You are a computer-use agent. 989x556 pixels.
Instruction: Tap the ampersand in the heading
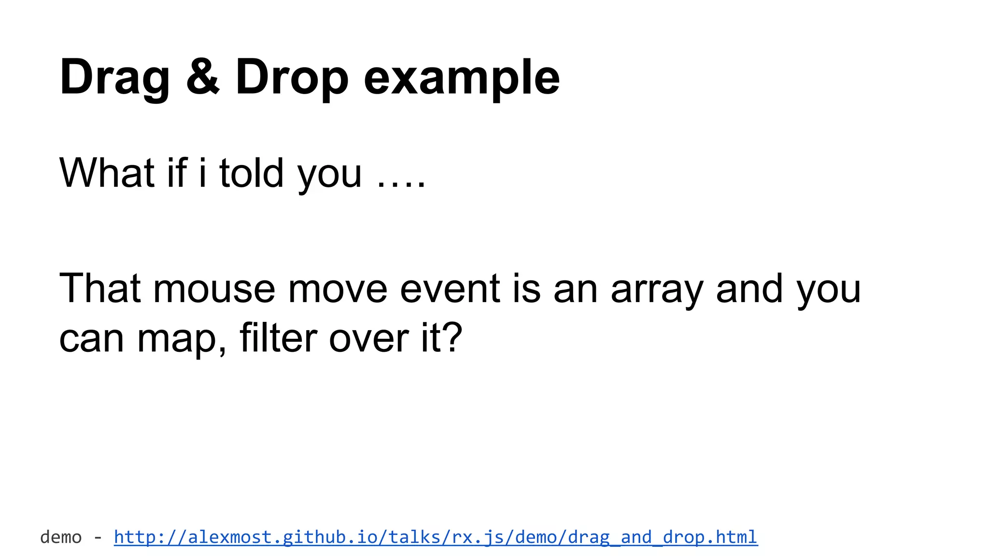point(202,77)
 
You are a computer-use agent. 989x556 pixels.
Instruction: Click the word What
point(107,172)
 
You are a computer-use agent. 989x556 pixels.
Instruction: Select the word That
point(100,288)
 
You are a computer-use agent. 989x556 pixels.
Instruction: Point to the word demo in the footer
point(61,537)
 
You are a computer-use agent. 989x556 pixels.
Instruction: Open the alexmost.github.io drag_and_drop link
point(436,537)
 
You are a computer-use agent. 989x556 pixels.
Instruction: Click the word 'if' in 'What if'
point(177,172)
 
